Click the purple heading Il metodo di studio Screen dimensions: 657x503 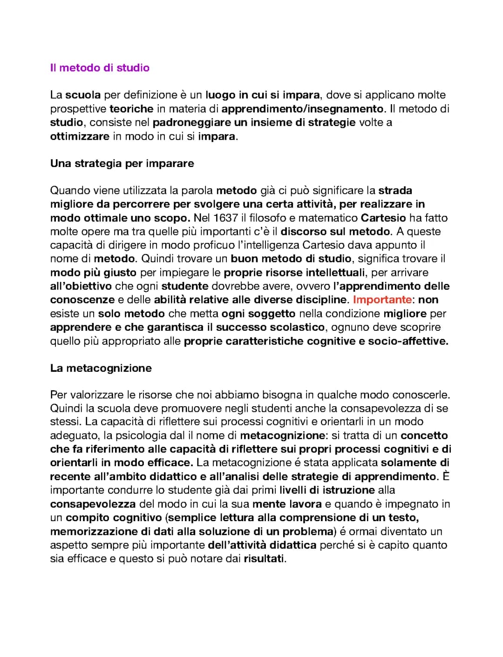click(x=100, y=67)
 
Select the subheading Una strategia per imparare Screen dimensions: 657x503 click(x=122, y=163)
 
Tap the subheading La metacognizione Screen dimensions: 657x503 click(x=101, y=368)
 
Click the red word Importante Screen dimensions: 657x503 click(x=382, y=300)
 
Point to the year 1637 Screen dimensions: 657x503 click(x=225, y=218)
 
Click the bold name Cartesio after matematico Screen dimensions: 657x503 click(x=383, y=218)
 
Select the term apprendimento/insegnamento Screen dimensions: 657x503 click(x=303, y=109)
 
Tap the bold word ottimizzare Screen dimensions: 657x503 click(x=80, y=136)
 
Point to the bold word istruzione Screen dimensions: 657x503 click(x=348, y=490)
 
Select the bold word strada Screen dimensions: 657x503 click(x=395, y=191)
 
